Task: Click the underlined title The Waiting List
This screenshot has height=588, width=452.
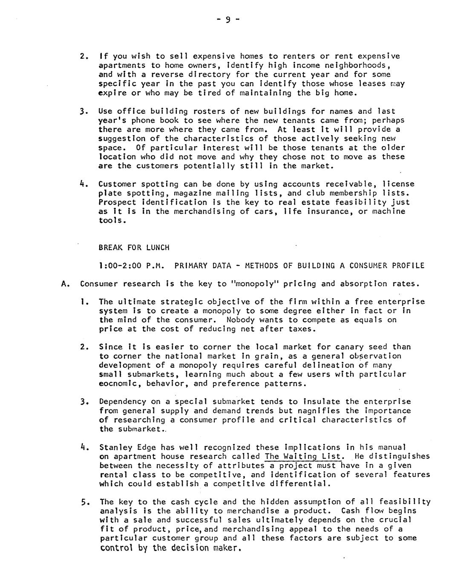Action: [303, 456]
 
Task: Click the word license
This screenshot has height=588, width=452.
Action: [398, 184]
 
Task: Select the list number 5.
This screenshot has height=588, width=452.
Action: [84, 502]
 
